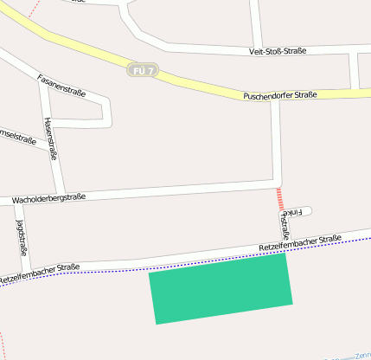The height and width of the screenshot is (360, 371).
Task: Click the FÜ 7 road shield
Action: click(144, 70)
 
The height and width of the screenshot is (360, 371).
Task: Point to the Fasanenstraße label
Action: click(61, 86)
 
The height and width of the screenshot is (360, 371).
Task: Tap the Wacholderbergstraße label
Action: click(48, 200)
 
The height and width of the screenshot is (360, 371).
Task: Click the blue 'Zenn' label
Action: click(362, 355)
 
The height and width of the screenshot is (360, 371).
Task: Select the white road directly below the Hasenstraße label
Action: click(59, 177)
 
